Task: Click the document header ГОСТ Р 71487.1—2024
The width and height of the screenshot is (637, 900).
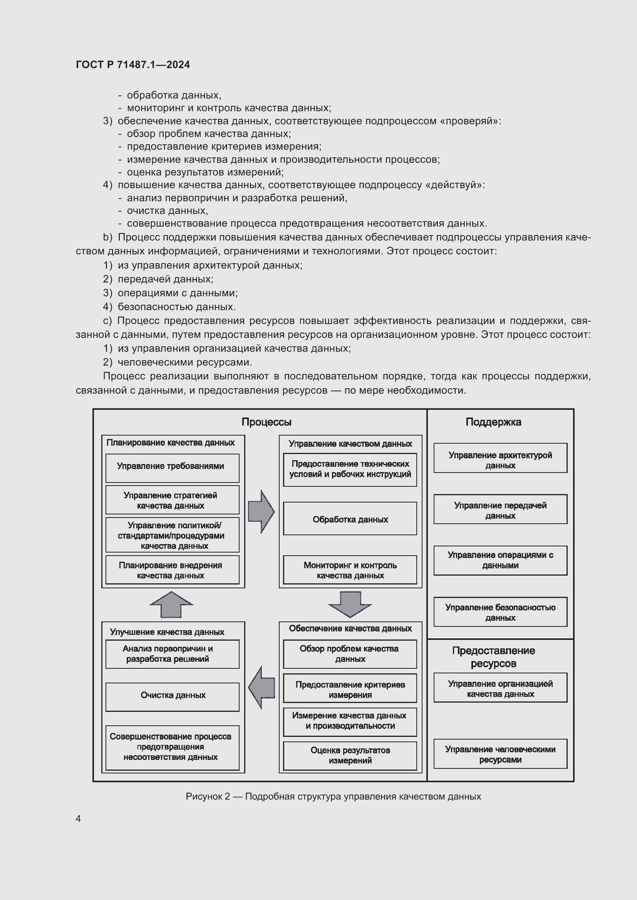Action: (132, 65)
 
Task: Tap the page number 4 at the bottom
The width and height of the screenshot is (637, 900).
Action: (78, 818)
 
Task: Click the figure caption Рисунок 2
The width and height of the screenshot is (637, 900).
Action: (333, 796)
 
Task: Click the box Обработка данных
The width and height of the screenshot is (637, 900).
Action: (350, 519)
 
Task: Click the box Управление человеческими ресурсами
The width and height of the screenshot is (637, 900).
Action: (500, 754)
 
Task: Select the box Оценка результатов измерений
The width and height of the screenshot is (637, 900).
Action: (350, 755)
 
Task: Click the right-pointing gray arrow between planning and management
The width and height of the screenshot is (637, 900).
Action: (261, 511)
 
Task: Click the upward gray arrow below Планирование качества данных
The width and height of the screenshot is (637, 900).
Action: (171, 604)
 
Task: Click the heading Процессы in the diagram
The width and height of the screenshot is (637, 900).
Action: (267, 422)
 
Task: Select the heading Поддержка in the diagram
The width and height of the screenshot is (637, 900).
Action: (493, 422)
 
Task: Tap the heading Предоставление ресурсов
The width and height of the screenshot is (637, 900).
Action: (493, 657)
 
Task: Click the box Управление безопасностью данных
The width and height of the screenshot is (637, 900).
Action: (500, 612)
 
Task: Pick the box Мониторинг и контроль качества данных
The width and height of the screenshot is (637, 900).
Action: (350, 570)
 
